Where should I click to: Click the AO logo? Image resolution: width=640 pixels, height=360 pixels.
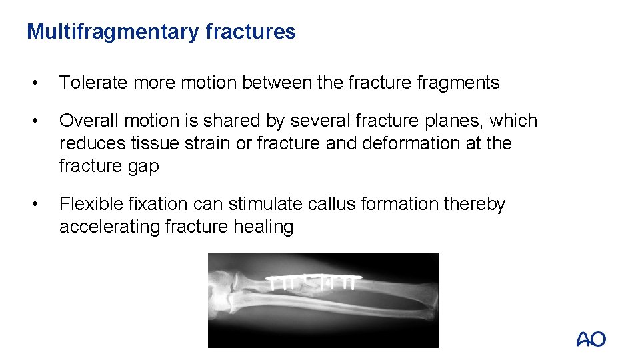591,339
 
